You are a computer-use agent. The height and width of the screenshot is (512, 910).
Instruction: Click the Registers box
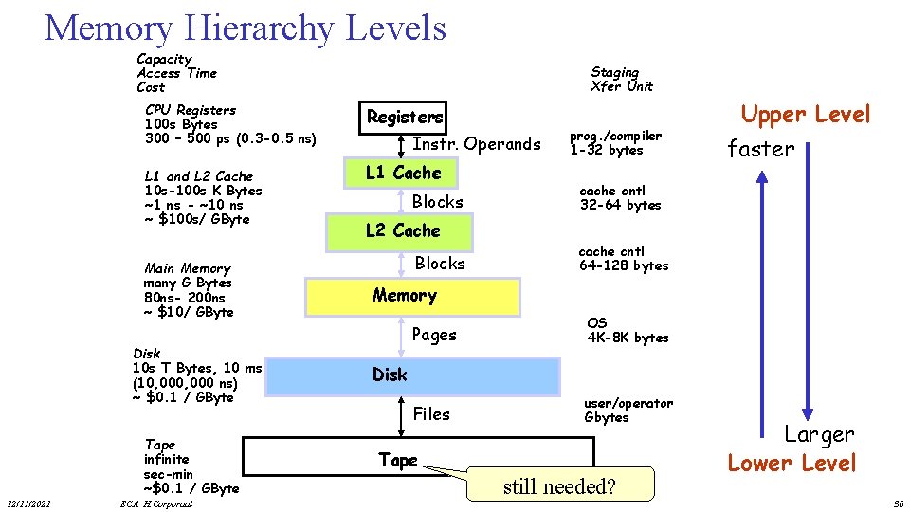[x=405, y=118]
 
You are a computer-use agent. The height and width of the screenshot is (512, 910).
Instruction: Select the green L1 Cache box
[x=404, y=173]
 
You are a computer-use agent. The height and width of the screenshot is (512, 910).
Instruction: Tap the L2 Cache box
[x=403, y=231]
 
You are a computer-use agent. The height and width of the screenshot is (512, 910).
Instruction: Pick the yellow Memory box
[x=412, y=296]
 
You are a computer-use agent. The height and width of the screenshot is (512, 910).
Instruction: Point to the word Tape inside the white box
[x=397, y=461]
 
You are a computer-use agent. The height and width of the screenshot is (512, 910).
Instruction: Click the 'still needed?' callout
[x=559, y=486]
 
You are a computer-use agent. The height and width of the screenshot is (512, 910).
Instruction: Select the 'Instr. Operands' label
[x=476, y=144]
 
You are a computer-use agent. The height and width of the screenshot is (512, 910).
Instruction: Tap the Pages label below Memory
[x=434, y=335]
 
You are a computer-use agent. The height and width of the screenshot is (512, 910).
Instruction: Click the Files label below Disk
[x=431, y=414]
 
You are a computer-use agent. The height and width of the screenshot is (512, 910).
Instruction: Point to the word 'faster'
[x=760, y=149]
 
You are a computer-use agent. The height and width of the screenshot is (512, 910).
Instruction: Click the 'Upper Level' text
[x=805, y=115]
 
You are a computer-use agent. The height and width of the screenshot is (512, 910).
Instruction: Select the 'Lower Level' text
[x=792, y=464]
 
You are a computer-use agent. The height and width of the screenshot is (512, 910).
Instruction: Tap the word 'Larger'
[x=819, y=435]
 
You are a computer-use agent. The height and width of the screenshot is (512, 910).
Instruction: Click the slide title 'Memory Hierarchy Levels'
[x=245, y=27]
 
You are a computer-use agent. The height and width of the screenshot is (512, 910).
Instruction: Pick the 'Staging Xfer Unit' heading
[x=621, y=79]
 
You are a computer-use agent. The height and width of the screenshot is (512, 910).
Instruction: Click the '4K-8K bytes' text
[x=628, y=338]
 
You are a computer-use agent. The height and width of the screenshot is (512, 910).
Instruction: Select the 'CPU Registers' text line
[x=191, y=110]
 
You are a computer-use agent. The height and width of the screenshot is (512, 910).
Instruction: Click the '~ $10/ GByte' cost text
[x=189, y=312]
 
